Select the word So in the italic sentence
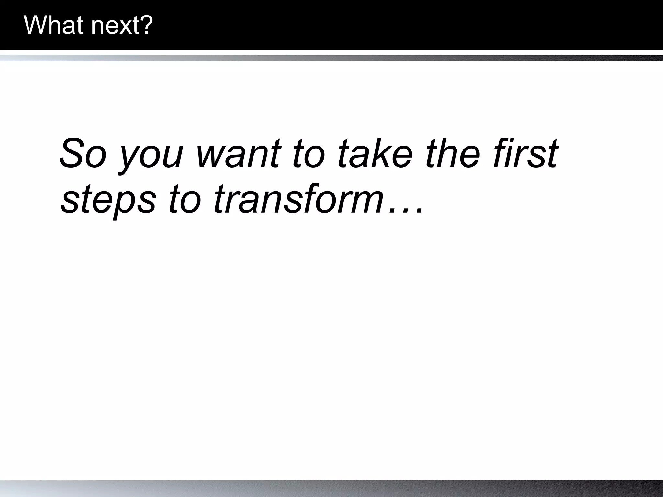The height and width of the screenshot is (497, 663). [83, 153]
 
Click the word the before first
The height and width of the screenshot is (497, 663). [453, 153]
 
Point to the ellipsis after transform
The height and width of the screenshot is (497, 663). [406, 210]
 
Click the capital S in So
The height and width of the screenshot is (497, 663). [72, 153]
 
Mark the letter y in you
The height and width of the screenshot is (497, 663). [129, 159]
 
